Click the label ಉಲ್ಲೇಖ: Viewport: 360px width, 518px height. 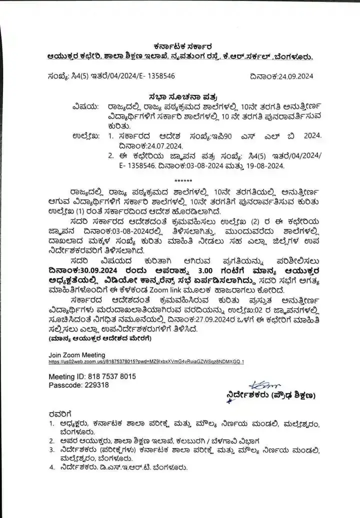(x=86, y=135)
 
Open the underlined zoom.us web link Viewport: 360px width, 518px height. (x=146, y=361)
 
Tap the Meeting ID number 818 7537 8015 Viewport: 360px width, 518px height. (x=110, y=376)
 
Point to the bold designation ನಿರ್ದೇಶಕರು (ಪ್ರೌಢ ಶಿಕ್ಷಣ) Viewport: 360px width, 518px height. (x=270, y=395)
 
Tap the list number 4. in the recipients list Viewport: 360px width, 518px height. (x=51, y=467)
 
